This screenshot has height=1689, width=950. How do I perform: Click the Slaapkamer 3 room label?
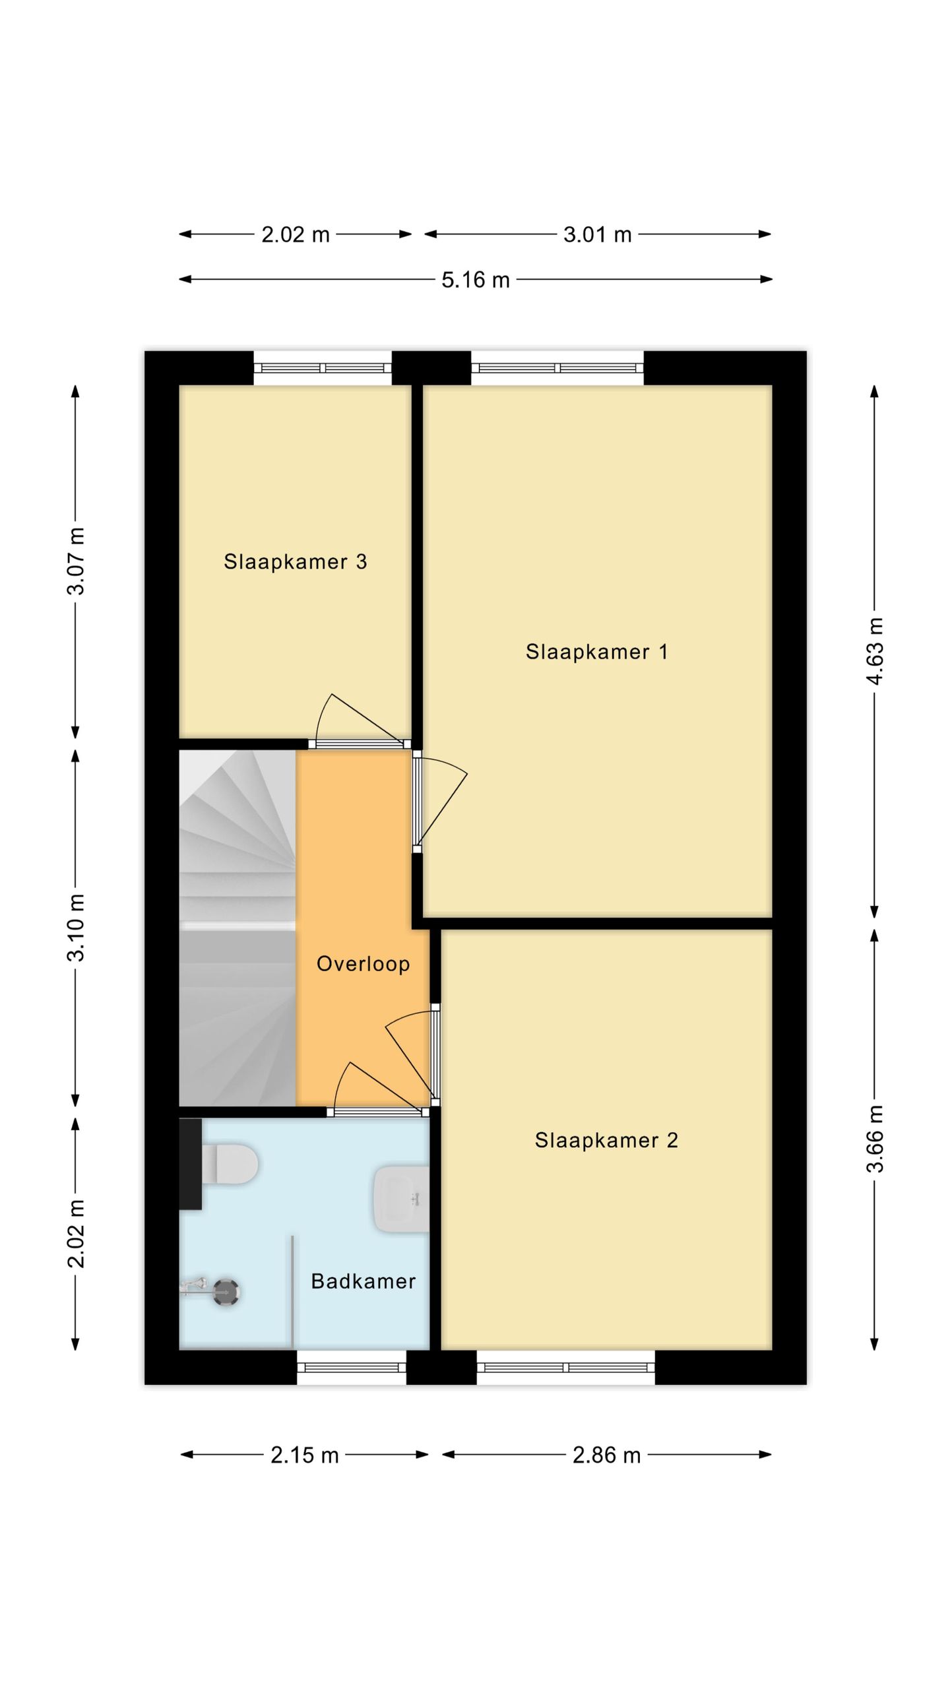(295, 561)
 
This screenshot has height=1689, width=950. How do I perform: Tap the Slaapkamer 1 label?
(597, 652)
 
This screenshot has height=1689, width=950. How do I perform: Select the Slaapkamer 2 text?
(606, 1140)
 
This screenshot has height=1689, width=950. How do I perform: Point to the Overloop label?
(364, 963)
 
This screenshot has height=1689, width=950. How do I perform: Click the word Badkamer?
(364, 1281)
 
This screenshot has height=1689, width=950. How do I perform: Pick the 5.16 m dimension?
(476, 280)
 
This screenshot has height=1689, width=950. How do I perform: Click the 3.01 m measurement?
(598, 234)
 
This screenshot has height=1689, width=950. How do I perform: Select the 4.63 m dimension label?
(875, 651)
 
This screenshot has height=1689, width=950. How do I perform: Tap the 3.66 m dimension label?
(875, 1139)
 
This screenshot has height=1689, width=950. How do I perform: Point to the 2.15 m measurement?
(305, 1455)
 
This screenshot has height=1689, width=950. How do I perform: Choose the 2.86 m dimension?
(607, 1455)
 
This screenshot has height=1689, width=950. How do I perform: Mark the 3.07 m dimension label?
(76, 561)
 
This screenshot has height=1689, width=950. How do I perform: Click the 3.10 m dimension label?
(76, 928)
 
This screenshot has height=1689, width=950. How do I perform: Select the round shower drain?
(226, 1292)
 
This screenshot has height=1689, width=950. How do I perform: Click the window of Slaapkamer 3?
(323, 368)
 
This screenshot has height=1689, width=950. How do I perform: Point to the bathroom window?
(352, 1367)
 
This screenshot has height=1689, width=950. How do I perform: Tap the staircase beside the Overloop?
(237, 928)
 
